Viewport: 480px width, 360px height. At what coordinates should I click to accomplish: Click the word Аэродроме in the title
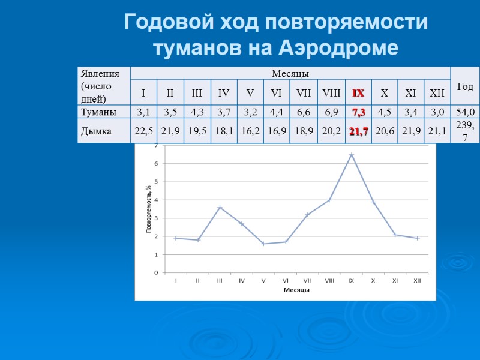338,48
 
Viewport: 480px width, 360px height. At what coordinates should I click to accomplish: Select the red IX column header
358,93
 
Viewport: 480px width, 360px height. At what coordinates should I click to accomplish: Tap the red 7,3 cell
358,112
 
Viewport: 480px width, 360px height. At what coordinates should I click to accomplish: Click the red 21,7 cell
358,131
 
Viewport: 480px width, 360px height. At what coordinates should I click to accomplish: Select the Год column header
464,87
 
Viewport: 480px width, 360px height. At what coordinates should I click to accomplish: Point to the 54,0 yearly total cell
464,112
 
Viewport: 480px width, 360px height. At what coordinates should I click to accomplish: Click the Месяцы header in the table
290,74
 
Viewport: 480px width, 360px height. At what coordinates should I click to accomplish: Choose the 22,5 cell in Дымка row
144,131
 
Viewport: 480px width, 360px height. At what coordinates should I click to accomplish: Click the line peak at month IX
352,155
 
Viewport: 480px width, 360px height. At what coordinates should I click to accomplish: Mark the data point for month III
220,207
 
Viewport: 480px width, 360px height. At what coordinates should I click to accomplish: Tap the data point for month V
263,244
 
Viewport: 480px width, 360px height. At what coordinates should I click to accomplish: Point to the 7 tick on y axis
156,146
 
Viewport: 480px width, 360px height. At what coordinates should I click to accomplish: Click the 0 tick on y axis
156,272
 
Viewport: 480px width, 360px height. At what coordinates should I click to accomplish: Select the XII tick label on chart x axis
417,280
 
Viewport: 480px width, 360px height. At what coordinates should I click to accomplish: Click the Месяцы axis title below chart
296,290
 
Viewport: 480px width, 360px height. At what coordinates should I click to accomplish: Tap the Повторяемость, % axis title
148,209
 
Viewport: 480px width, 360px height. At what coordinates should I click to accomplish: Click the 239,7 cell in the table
464,131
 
